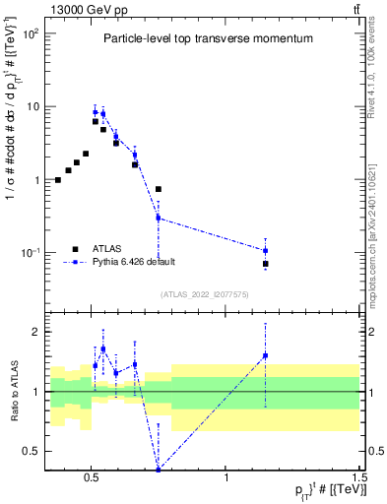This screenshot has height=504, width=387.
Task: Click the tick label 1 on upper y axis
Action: coord(34,180)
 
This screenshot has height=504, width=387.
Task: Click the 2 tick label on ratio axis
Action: coord(35,332)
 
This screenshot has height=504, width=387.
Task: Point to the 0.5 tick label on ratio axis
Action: coord(31,451)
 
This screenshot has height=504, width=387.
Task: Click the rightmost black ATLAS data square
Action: coord(266,264)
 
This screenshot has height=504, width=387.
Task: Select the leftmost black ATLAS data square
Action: coord(58,180)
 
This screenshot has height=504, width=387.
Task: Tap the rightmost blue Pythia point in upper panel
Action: coord(266,250)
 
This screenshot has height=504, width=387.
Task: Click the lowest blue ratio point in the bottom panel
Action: coord(159,469)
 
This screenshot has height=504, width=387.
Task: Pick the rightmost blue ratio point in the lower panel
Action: coord(266,355)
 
